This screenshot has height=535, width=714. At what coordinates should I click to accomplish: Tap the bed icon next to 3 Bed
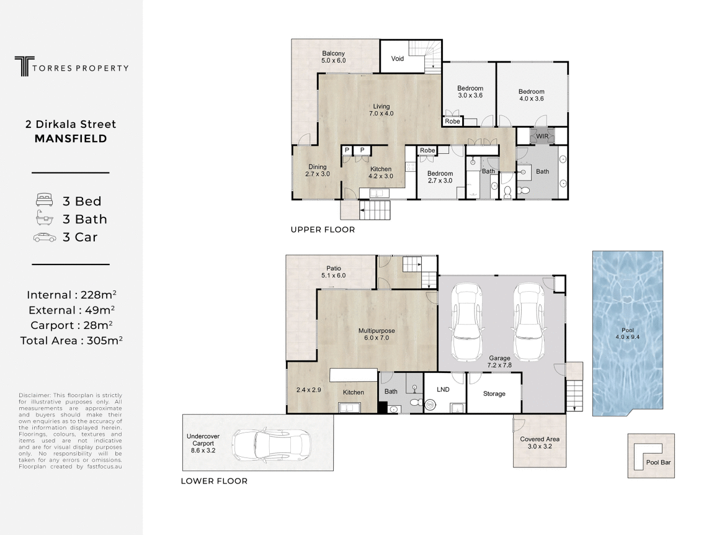(45, 200)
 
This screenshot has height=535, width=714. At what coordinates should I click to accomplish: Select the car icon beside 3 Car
(45, 237)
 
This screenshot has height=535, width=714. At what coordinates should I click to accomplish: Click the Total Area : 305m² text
(71, 340)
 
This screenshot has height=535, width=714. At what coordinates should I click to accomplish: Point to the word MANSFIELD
(71, 139)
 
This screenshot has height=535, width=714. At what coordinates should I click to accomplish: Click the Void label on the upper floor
(397, 59)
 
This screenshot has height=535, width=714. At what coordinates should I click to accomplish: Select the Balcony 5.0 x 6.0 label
(333, 57)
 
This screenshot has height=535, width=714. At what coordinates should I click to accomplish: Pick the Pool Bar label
(658, 462)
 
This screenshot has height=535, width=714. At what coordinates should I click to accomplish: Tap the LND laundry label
(443, 390)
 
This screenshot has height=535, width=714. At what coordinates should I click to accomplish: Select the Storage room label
(494, 393)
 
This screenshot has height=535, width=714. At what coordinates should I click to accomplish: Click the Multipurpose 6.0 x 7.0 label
(377, 335)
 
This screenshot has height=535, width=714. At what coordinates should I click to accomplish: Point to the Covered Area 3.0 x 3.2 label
(540, 443)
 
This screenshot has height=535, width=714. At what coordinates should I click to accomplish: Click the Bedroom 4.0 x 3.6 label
(531, 95)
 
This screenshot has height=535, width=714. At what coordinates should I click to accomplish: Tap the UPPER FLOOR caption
(323, 230)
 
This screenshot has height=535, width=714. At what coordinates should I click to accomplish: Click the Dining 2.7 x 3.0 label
(317, 170)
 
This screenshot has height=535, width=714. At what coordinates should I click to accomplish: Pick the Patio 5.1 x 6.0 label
(333, 271)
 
